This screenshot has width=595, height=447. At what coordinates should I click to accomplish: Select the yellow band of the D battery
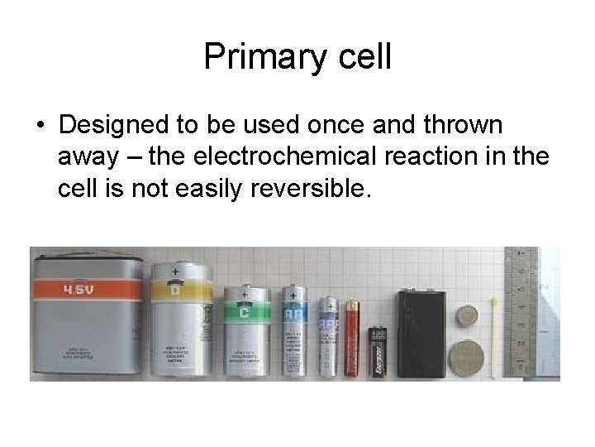[x=177, y=291]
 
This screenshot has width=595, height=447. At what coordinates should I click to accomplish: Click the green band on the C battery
[x=245, y=313]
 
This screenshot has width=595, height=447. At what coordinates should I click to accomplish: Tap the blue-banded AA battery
[x=293, y=331]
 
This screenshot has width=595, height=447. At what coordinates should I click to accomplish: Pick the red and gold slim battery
[x=352, y=339]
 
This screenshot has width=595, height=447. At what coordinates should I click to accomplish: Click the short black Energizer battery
[x=378, y=351]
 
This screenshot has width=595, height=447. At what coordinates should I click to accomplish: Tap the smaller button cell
[x=469, y=315]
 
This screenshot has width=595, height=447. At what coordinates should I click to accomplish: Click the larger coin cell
[x=465, y=358]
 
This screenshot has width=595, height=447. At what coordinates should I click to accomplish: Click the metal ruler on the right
[x=520, y=306]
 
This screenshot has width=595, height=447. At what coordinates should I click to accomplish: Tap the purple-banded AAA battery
[x=329, y=335]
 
